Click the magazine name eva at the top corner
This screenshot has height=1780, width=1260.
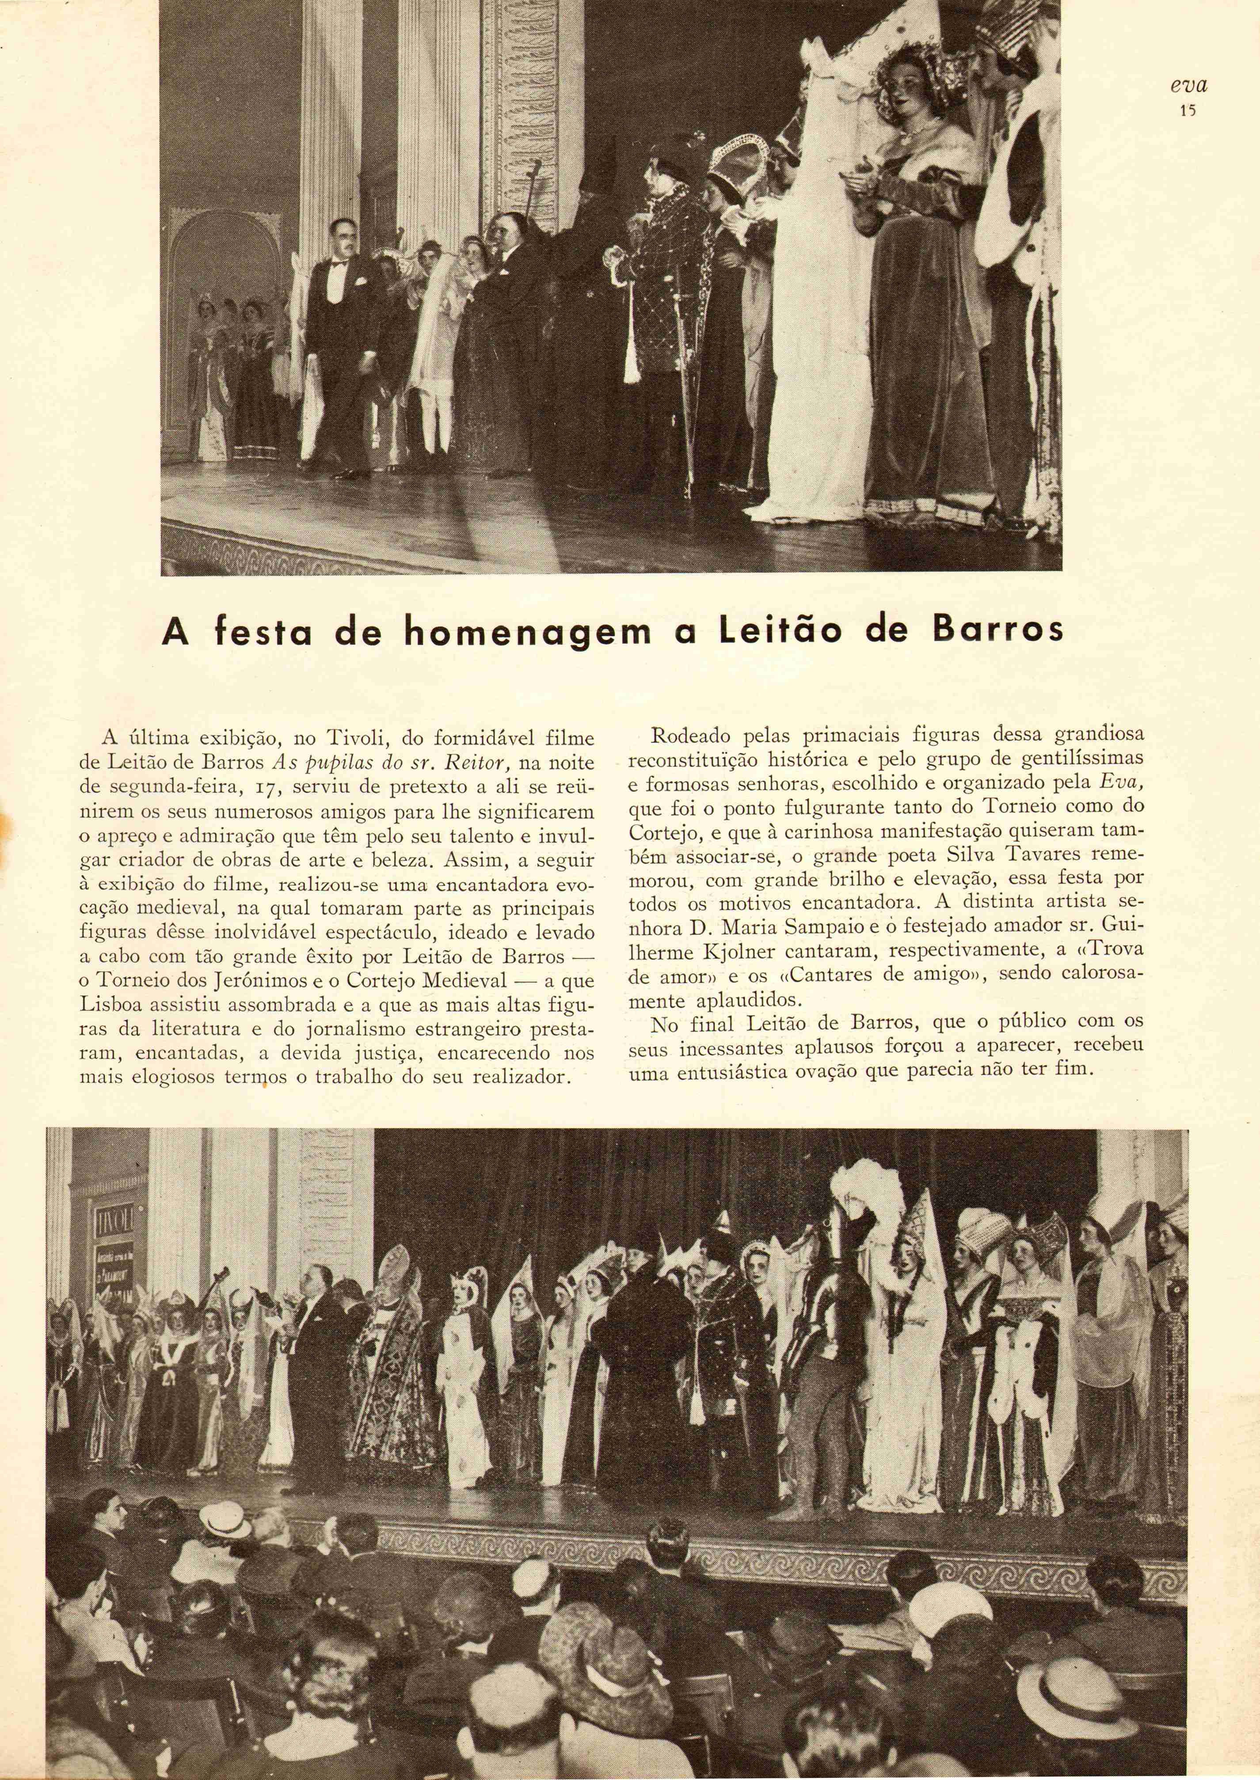point(1188,85)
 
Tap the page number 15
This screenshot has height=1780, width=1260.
point(1187,110)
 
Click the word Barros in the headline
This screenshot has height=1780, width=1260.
point(997,630)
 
